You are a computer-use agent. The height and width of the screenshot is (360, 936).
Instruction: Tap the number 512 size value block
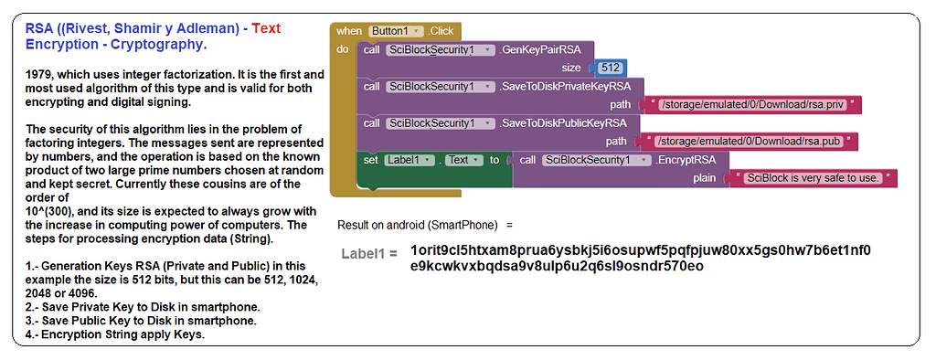tap(611, 68)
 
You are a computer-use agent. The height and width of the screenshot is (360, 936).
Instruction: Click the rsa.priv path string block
tap(751, 104)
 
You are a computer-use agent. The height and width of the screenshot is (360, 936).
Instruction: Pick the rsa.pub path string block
tap(750, 142)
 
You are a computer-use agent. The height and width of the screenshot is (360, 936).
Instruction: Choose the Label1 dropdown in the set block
tap(409, 160)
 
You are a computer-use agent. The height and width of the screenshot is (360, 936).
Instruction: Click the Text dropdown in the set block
tap(463, 160)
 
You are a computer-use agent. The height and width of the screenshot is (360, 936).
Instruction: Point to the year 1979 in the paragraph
tap(41, 74)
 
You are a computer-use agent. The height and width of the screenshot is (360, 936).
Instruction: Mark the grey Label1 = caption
tap(369, 253)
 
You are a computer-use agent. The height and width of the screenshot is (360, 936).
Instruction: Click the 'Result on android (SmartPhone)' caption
tap(418, 225)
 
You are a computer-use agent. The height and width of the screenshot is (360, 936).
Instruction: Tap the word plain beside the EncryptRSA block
tap(705, 178)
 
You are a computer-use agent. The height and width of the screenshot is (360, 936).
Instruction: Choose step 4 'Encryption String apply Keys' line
tap(114, 334)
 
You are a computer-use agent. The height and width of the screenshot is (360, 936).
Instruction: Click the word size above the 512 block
tap(571, 68)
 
